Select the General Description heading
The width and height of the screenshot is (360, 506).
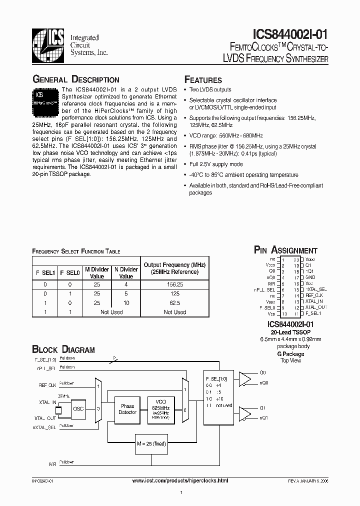[75, 80]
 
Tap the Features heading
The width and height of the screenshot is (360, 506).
[203, 80]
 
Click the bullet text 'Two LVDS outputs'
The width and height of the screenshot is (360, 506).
[210, 90]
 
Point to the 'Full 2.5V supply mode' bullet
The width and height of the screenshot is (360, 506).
[215, 164]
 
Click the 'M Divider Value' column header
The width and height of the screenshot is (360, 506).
[97, 272]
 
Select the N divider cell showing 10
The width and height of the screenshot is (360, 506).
[126, 302]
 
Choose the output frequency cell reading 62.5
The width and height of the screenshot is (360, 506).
[174, 302]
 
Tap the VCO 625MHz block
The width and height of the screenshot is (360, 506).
[160, 409]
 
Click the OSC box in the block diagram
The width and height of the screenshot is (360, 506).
[78, 409]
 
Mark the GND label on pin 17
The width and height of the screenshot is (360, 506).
[310, 277]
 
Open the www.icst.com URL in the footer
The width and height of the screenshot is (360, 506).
[179, 480]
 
